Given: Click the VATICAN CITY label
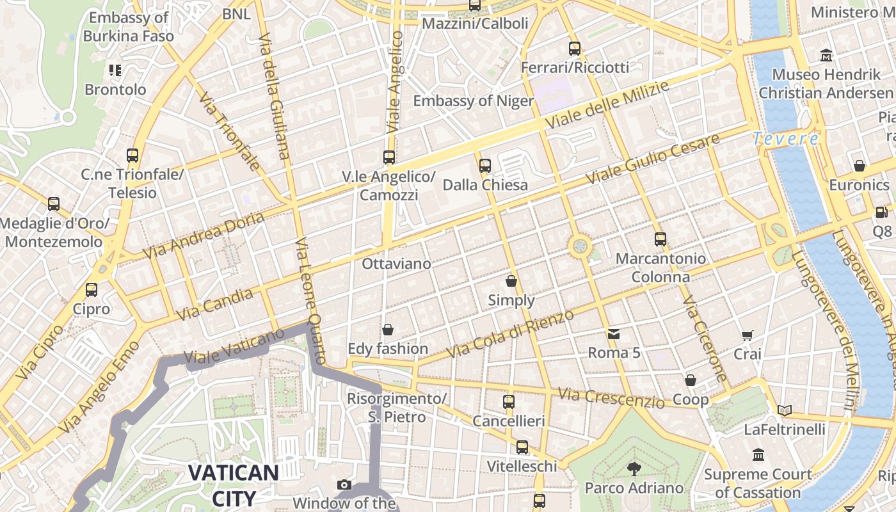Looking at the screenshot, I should [x=233, y=485].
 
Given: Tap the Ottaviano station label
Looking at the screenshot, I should [x=396, y=264].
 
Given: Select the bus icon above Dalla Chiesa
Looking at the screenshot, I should [x=484, y=165].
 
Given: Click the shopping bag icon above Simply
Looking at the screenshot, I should [x=511, y=280].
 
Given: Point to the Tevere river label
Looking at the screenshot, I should [x=785, y=138].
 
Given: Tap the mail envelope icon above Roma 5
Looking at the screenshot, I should [x=614, y=333].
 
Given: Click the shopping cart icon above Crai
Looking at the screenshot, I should [x=747, y=335].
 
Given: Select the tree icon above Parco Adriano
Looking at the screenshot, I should [x=634, y=468].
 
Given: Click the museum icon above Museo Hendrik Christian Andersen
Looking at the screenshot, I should [x=826, y=55].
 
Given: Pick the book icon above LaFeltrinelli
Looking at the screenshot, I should [x=784, y=410].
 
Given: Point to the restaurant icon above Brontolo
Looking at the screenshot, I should [x=115, y=70].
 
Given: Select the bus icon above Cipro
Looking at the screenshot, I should [x=92, y=289].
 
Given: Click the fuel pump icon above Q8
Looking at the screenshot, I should [x=881, y=212].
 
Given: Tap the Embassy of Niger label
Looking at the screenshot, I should [x=473, y=100].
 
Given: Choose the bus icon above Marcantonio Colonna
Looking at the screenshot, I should [x=660, y=239].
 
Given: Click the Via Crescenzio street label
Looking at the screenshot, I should [x=611, y=397].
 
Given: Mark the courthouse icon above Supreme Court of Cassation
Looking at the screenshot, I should [x=758, y=455].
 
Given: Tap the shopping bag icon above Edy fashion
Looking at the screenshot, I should [x=387, y=330].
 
